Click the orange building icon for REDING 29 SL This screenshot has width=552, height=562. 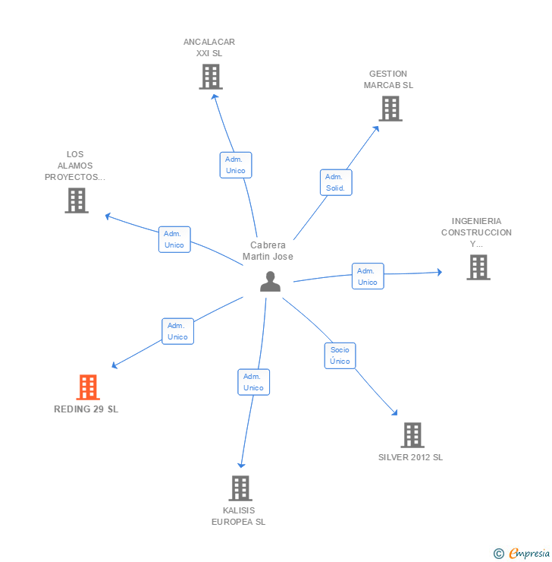(x=88, y=387)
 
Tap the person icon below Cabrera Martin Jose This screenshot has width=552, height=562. (x=270, y=282)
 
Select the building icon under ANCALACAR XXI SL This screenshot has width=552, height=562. (x=211, y=77)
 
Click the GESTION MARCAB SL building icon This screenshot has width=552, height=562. (x=390, y=109)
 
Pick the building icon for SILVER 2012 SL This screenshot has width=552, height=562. (x=412, y=435)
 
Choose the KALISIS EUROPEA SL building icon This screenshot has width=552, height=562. (x=240, y=488)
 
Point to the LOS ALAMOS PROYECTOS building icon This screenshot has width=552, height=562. (x=77, y=200)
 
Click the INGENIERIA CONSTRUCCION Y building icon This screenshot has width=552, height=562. (x=478, y=267)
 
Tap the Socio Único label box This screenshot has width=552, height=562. (x=340, y=355)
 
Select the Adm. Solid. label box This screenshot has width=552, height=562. (x=335, y=182)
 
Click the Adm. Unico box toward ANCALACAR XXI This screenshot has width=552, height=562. (x=236, y=165)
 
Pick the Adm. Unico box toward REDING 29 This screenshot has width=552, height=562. (x=177, y=331)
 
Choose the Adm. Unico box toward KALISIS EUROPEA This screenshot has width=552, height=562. (x=253, y=382)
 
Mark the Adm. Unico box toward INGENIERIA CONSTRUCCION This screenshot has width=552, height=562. (x=368, y=276)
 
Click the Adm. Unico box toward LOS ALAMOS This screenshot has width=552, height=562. (x=174, y=239)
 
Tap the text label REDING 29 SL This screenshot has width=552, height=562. (x=86, y=409)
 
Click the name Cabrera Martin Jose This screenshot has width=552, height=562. (x=268, y=251)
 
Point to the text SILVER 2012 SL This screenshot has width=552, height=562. (x=410, y=457)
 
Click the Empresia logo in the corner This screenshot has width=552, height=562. (x=522, y=554)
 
